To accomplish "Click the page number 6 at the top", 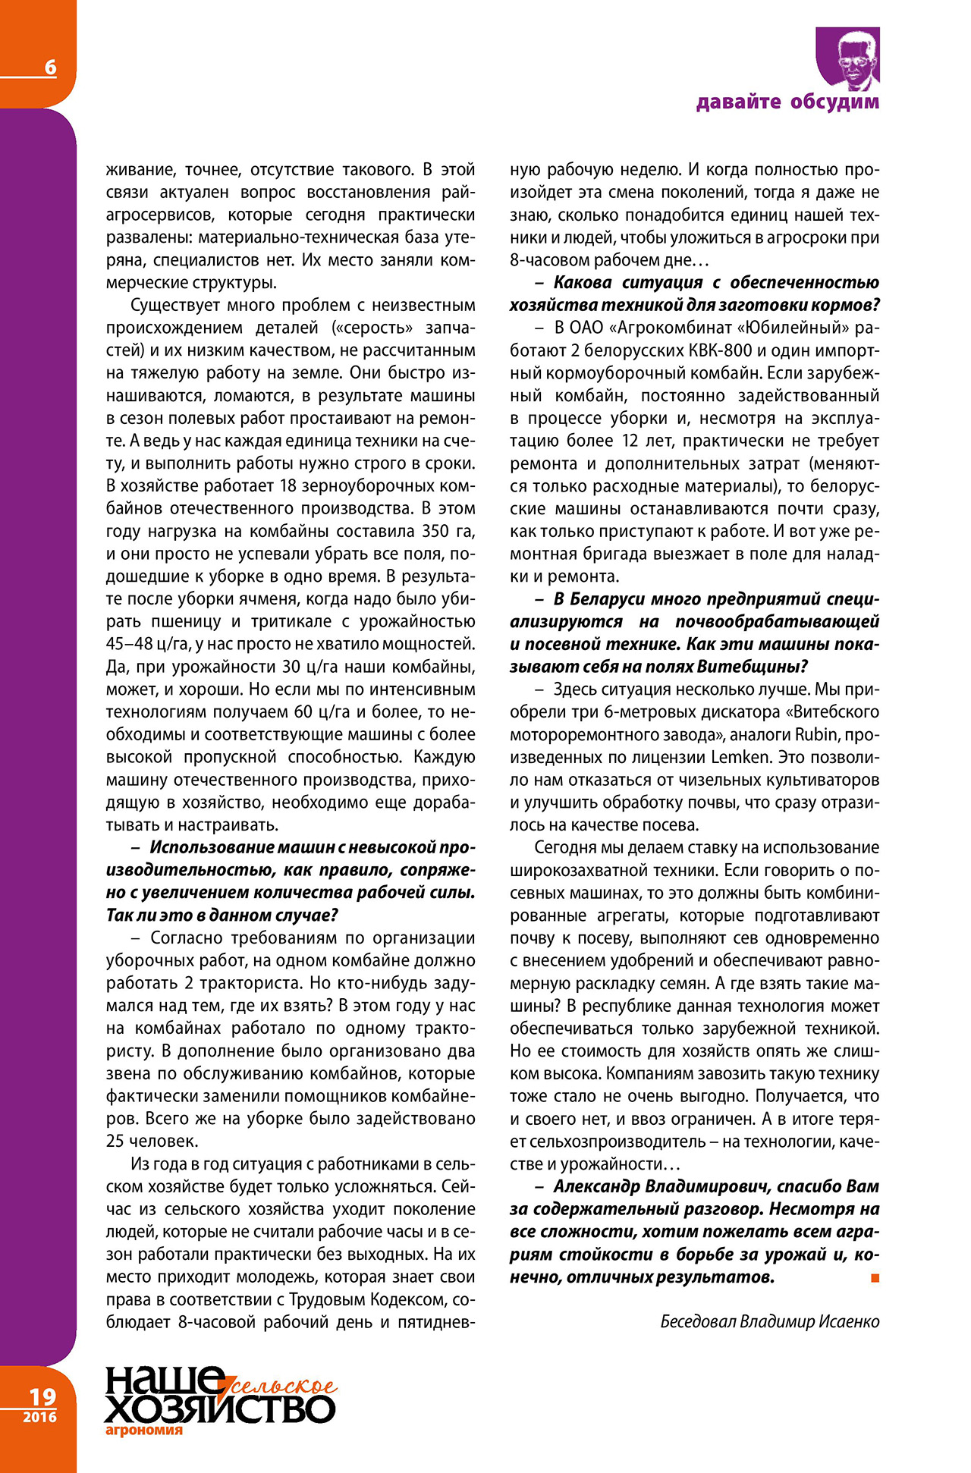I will click(x=50, y=68).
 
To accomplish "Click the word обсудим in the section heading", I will click(x=834, y=102).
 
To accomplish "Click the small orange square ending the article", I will click(x=875, y=1278).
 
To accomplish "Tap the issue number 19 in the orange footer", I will click(x=42, y=1396).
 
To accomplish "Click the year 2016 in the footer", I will click(x=39, y=1417).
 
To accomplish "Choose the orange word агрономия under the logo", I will click(x=144, y=1431).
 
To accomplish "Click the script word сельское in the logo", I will click(x=284, y=1386).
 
